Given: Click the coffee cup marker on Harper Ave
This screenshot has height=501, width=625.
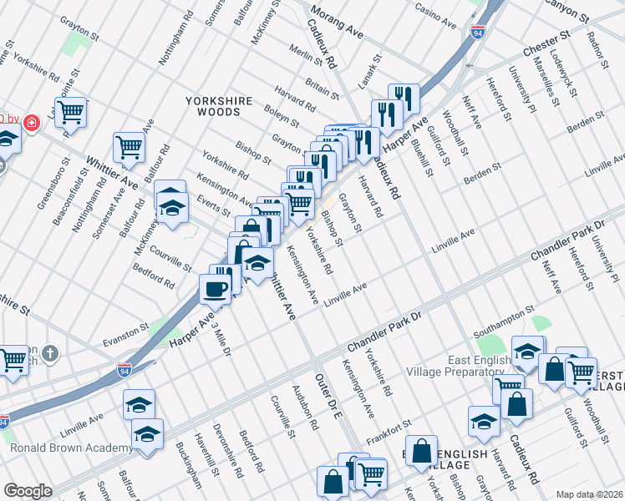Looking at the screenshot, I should [x=215, y=289].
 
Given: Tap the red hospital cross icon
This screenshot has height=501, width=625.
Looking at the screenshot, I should [x=32, y=123].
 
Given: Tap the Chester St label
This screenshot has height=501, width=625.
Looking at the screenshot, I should [x=546, y=46].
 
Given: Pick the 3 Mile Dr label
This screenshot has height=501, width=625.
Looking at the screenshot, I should [x=221, y=341].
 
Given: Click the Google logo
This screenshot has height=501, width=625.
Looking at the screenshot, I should [x=28, y=491].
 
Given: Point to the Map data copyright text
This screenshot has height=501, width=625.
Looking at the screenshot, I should [x=589, y=494].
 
